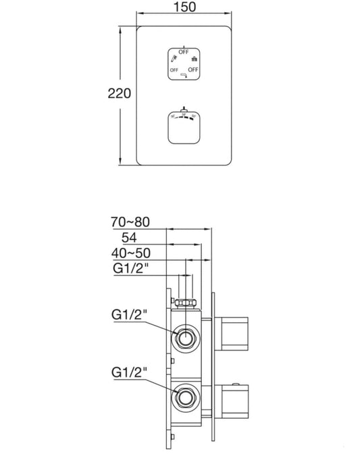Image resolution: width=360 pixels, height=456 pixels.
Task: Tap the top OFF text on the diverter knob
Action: coord(184,51)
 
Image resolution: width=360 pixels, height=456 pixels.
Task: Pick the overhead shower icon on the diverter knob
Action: coord(194,59)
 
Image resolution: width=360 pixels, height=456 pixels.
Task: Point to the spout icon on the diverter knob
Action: coord(184,77)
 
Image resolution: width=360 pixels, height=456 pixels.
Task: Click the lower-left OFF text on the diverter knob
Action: coord(174,70)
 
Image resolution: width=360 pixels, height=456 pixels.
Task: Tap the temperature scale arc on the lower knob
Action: coord(184,116)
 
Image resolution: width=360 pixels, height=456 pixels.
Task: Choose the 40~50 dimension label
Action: coord(131,253)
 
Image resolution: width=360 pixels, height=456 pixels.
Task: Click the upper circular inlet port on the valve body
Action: coord(184,336)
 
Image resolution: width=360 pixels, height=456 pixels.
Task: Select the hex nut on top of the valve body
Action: coord(185,302)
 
